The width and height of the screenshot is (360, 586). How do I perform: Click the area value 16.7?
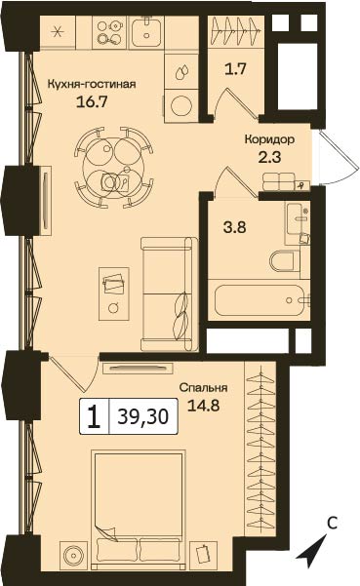pos(92,102)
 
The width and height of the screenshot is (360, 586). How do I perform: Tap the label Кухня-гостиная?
pos(91,84)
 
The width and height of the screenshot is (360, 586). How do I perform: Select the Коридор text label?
pos(269,139)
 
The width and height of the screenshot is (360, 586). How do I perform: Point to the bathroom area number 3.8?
pos(235,227)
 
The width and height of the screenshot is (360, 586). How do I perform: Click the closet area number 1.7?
pos(235,69)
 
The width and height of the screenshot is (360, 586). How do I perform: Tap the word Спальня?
pos(203,387)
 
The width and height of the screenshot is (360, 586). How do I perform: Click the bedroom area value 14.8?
pos(203,405)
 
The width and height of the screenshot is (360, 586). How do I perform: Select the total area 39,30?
pos(142,416)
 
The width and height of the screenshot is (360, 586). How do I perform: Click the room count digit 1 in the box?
pos(94,416)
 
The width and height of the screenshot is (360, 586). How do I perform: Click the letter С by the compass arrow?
pos(333,524)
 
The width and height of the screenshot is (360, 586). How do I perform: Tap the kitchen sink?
pos(146,32)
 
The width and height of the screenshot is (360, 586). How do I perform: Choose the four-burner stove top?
pos(109,32)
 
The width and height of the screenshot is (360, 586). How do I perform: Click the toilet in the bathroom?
pos(285,261)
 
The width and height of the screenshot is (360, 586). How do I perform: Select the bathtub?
pos(260,300)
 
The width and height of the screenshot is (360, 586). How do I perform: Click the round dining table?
pos(114,167)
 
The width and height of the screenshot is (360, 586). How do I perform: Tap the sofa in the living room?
pos(170,293)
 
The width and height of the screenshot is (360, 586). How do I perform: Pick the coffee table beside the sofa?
pos(114,293)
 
